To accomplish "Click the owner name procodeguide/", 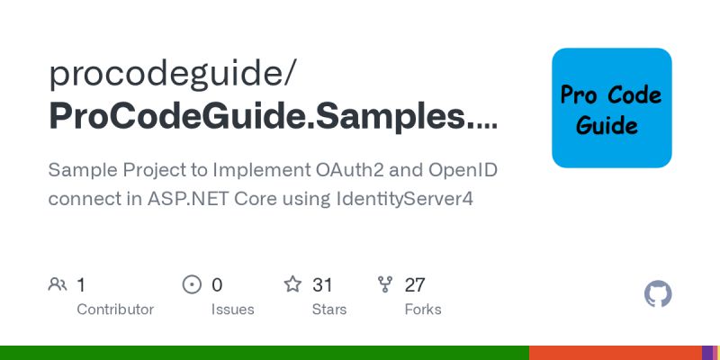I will tap(171, 74).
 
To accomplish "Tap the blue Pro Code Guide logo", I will tap(612, 108).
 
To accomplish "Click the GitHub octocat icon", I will tap(659, 294).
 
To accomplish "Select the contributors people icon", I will tap(58, 285).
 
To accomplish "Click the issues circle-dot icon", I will tap(192, 285).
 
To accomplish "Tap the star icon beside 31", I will tap(292, 285).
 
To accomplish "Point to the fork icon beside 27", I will tap(385, 285).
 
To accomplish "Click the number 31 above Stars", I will tap(322, 285).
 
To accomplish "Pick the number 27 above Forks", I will tap(415, 285).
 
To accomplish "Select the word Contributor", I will tap(115, 310).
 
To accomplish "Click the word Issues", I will tap(231, 310).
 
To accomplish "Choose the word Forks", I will tap(423, 310).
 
